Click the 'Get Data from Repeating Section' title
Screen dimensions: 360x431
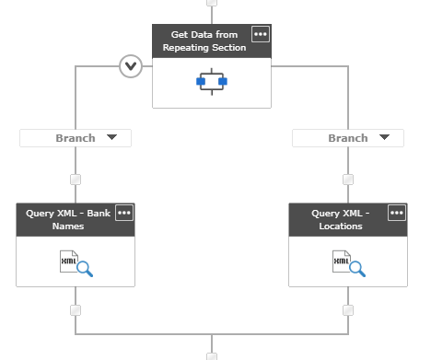point(204,41)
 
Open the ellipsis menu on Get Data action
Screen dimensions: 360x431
point(261,34)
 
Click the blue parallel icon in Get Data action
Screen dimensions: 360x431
point(212,82)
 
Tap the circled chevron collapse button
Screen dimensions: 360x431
point(131,66)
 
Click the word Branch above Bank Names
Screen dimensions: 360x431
point(75,138)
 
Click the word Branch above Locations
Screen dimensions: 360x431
point(348,138)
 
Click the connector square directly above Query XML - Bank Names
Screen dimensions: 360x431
point(76,180)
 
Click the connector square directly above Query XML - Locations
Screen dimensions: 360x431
point(348,180)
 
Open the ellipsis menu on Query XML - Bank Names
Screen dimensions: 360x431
point(124,213)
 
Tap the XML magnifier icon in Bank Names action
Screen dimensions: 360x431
point(76,263)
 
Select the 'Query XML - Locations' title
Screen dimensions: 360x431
point(340,219)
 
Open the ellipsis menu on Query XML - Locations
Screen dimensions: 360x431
point(397,213)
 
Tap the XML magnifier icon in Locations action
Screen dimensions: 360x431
point(348,263)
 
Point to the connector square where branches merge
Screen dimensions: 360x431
point(212,355)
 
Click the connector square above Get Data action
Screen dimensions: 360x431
point(212,3)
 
